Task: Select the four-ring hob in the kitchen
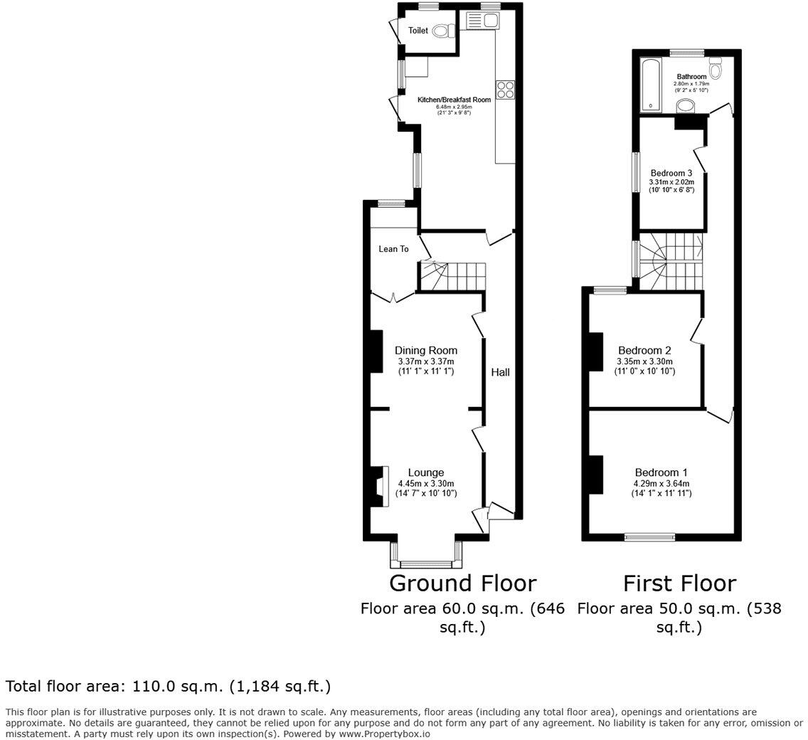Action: coord(505,89)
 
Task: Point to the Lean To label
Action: coord(393,249)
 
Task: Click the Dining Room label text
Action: coord(425,350)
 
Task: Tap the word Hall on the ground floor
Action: coord(501,372)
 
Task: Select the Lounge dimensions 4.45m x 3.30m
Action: coord(427,484)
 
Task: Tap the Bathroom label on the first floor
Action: coord(691,76)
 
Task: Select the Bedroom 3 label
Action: coord(671,173)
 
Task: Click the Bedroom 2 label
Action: coord(644,350)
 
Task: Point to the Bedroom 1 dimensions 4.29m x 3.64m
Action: coord(661,484)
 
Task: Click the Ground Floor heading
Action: coord(462,583)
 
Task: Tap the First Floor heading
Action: coord(679,583)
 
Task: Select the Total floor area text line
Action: coord(168,687)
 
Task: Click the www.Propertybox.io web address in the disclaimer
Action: coord(384,734)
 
